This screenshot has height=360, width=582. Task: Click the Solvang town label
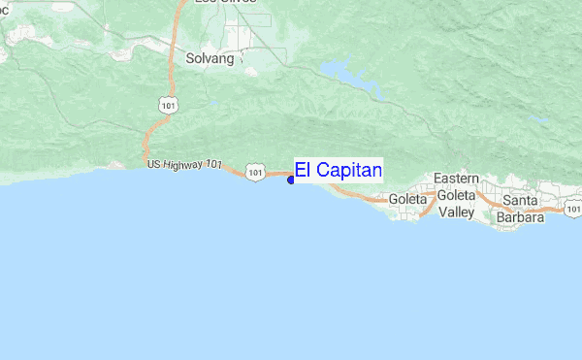click(x=210, y=59)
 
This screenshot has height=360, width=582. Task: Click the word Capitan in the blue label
click(x=346, y=171)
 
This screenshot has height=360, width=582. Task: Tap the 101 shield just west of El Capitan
click(x=255, y=172)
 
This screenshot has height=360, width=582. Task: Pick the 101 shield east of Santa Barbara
click(x=573, y=208)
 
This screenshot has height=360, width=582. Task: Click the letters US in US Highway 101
click(x=154, y=165)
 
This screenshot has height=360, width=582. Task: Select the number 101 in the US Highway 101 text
click(x=215, y=165)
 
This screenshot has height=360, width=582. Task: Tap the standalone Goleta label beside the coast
click(x=407, y=199)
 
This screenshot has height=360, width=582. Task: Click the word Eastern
click(x=456, y=180)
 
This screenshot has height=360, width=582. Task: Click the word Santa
click(x=520, y=201)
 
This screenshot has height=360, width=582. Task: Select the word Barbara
click(x=520, y=216)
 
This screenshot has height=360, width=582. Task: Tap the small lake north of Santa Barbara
click(x=539, y=120)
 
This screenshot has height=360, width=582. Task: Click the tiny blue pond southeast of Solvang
click(x=212, y=101)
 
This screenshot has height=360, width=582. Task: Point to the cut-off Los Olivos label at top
click(x=219, y=3)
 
